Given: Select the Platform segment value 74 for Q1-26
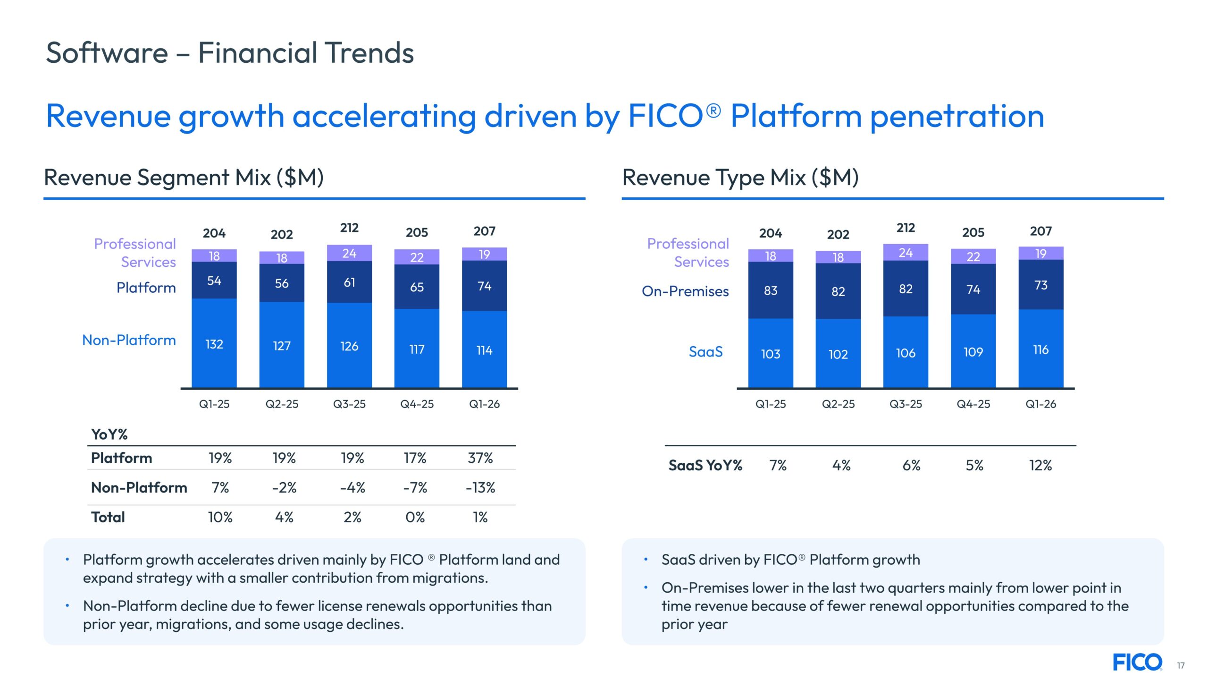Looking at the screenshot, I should click(x=484, y=286).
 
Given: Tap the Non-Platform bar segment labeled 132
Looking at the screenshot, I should click(x=214, y=344).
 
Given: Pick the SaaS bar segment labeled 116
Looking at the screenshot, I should click(x=1040, y=350).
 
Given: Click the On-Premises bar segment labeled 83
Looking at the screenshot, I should click(x=770, y=290).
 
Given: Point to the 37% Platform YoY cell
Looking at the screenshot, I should click(x=480, y=458).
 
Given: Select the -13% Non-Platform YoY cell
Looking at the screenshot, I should click(x=480, y=487).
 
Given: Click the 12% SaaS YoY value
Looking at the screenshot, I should click(x=1040, y=466).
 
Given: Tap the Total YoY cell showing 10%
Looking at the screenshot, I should click(x=220, y=517).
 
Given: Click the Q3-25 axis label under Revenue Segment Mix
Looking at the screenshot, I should click(x=349, y=404).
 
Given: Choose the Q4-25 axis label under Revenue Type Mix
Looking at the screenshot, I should click(x=973, y=404).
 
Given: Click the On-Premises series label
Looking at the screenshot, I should click(x=685, y=291).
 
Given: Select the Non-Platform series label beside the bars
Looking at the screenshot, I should click(x=129, y=340).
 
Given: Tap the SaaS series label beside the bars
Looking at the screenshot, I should click(x=705, y=352).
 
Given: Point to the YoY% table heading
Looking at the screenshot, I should click(x=109, y=434).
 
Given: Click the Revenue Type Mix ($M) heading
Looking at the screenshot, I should click(x=740, y=178).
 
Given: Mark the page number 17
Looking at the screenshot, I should click(x=1181, y=665).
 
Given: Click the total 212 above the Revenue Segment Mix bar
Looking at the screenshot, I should click(x=349, y=228).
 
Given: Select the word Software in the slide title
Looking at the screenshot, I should click(x=107, y=53).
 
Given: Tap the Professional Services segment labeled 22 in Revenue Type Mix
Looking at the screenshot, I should click(x=973, y=257).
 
